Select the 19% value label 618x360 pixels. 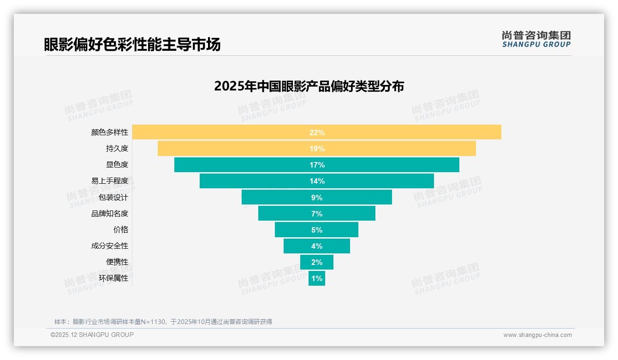[x=317, y=149]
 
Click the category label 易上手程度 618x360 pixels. [x=109, y=181]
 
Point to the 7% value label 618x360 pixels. [x=317, y=214]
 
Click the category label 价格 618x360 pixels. [x=120, y=229]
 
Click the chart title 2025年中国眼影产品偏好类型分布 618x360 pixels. [x=309, y=86]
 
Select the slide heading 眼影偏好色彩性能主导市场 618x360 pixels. [x=132, y=44]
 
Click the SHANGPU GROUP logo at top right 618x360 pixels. [x=536, y=39]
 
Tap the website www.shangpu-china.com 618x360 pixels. [x=537, y=335]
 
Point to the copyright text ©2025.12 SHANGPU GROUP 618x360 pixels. [x=92, y=335]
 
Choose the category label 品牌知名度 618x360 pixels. [x=109, y=214]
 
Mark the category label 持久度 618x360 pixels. [x=117, y=149]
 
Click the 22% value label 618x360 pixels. [x=317, y=132]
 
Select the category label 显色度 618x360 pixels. [x=117, y=165]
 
